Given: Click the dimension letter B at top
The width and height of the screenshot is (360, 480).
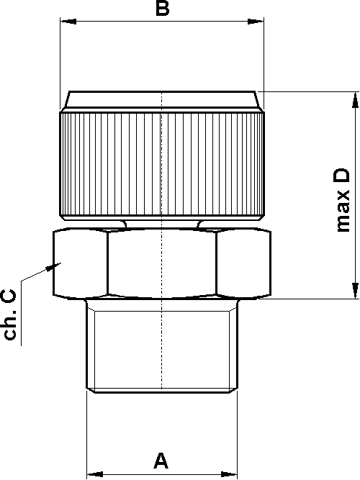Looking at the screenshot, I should [163, 9].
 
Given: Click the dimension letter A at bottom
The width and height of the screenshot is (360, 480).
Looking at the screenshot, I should [161, 459].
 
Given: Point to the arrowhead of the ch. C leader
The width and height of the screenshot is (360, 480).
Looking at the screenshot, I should [52, 266].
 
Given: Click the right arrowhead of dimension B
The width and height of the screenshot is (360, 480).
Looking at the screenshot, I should [257, 22].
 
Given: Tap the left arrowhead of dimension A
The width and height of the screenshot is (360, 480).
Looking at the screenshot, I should [94, 474].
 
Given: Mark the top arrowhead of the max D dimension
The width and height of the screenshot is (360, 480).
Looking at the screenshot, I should [354, 99].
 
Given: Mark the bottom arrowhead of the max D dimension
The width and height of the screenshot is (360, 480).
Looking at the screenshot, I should [354, 291].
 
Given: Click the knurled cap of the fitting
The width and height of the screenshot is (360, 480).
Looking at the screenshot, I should [163, 165].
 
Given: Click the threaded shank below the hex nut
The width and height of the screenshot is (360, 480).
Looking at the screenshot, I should [162, 345].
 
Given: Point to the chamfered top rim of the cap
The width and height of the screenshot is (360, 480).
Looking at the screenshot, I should [163, 100].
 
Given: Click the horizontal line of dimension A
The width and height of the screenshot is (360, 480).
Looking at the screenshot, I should [130, 474].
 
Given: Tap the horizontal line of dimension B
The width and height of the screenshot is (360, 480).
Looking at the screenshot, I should [115, 22].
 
